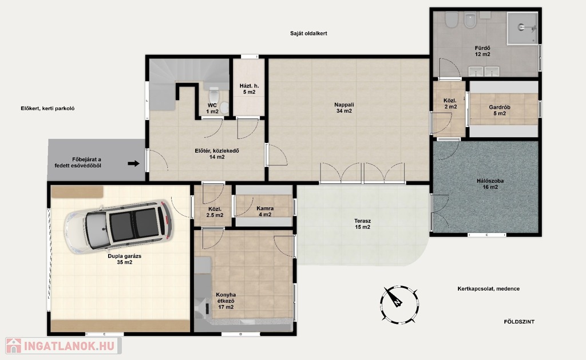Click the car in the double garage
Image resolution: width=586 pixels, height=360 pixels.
pyautogui.click(x=118, y=227)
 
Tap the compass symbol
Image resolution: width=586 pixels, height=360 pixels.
pyautogui.click(x=399, y=304)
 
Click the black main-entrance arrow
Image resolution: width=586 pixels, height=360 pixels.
pyautogui.click(x=133, y=163)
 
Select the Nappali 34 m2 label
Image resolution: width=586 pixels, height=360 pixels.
pyautogui.click(x=344, y=108)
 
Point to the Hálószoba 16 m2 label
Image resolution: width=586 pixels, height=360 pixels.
pyautogui.click(x=490, y=184)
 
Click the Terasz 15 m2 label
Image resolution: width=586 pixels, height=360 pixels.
pyautogui.click(x=362, y=224)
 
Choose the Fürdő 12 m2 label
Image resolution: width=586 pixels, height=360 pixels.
pyautogui.click(x=482, y=51)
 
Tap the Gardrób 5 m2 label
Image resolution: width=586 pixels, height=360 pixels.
pyautogui.click(x=499, y=110)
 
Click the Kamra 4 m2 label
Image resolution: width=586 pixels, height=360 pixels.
pyautogui.click(x=265, y=211)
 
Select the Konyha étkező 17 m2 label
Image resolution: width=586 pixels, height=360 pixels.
pyautogui.click(x=225, y=300)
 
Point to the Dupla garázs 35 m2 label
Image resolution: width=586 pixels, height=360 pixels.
pyautogui.click(x=124, y=259)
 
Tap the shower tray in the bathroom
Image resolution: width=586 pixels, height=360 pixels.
pyautogui.click(x=522, y=27)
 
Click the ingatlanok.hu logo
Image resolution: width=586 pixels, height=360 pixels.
pyautogui.click(x=63, y=346)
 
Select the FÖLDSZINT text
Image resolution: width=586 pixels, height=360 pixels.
pyautogui.click(x=519, y=322)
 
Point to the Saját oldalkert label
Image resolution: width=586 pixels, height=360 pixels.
pyautogui.click(x=308, y=33)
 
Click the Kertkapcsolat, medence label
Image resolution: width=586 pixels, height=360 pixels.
pyautogui.click(x=489, y=288)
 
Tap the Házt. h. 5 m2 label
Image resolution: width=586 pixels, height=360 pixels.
pyautogui.click(x=249, y=89)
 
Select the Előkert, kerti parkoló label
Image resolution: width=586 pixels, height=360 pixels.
pyautogui.click(x=47, y=108)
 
